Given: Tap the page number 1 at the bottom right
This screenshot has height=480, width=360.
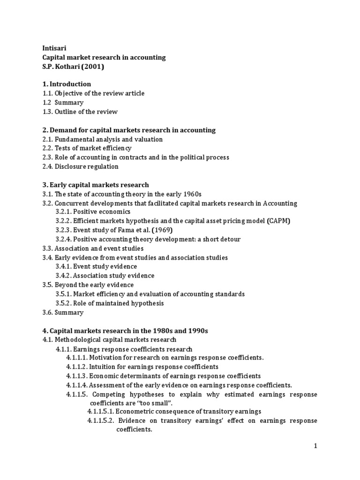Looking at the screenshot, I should (316, 446).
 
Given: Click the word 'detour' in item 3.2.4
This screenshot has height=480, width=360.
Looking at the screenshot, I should (230, 240).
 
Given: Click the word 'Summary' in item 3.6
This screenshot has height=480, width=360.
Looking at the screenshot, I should (69, 313).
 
